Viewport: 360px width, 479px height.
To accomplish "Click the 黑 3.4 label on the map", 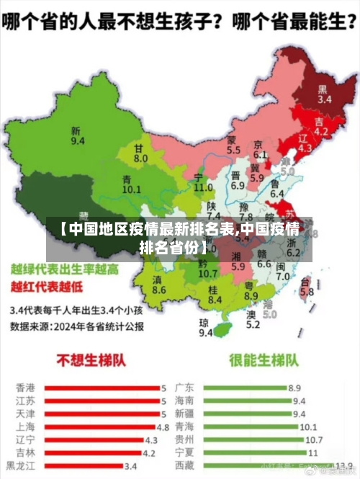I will pyautogui.click(x=325, y=94).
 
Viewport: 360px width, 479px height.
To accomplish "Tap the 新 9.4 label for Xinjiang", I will pyautogui.click(x=77, y=137).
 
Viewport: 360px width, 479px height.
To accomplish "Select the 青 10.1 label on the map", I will pyautogui.click(x=130, y=184).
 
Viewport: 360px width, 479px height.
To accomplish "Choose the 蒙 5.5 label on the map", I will pyautogui.click(x=233, y=145).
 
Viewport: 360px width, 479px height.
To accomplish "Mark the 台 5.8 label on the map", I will pyautogui.click(x=307, y=287).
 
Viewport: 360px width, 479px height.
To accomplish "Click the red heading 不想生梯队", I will pyautogui.click(x=89, y=360).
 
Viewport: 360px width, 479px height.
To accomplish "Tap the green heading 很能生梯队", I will pyautogui.click(x=263, y=360).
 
